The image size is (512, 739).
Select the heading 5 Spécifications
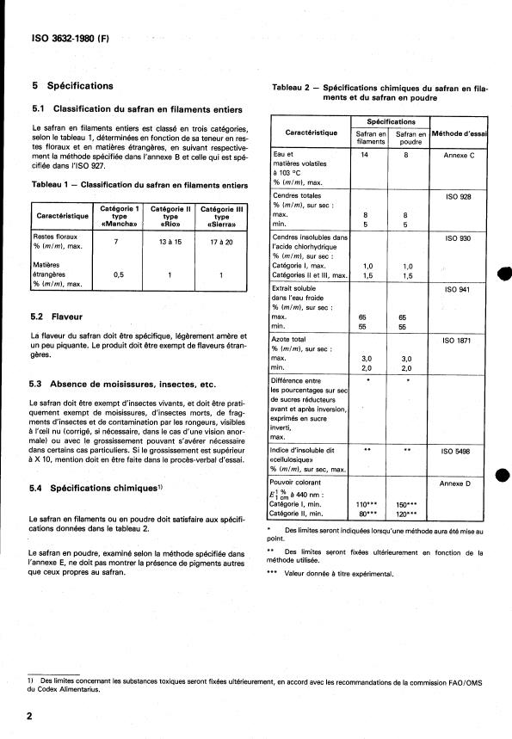pos(72,86)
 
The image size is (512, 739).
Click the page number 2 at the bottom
pos(30,716)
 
